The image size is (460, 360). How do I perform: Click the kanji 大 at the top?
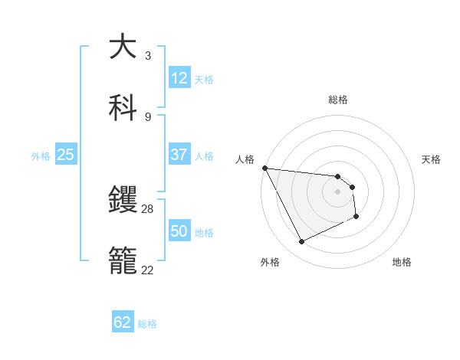(x=122, y=47)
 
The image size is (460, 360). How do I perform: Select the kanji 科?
(x=122, y=107)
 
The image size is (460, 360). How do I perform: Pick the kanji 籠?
(x=122, y=260)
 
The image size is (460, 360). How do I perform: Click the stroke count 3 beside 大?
(x=148, y=56)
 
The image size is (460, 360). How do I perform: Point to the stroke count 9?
(x=148, y=117)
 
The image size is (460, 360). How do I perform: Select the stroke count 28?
(x=148, y=209)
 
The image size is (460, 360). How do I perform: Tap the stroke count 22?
(x=148, y=270)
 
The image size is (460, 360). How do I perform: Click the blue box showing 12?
(x=179, y=78)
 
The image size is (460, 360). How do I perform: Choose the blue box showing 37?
(x=179, y=155)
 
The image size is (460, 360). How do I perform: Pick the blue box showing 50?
(x=179, y=231)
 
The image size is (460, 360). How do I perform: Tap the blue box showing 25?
(x=66, y=155)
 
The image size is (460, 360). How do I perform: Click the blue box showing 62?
(x=123, y=322)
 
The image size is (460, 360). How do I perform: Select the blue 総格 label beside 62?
(x=147, y=324)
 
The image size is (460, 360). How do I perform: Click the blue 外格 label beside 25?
(x=41, y=156)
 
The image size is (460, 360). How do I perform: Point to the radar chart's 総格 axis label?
(x=338, y=100)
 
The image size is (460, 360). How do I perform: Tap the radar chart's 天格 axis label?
(x=432, y=159)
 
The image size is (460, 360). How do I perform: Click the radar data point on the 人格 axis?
(x=264, y=168)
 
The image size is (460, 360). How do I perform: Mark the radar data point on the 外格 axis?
(x=301, y=242)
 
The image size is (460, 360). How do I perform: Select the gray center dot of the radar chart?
(x=337, y=191)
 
